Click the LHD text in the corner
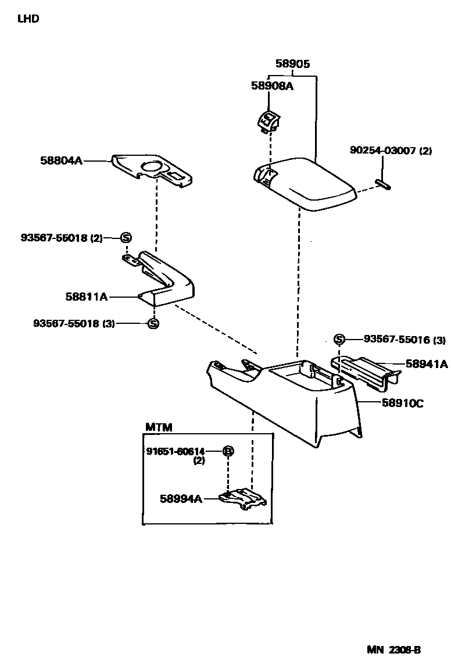28,19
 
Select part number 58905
292,65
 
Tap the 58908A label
272,86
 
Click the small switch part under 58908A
267,122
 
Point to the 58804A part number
62,160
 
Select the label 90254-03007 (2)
391,151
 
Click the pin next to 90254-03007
384,185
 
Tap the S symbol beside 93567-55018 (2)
126,237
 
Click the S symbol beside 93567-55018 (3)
153,323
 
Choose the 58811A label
87,297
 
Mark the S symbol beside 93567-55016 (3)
339,340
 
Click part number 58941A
427,364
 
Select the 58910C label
402,402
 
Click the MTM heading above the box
158,427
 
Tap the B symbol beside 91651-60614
228,451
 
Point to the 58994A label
181,498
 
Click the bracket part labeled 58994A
243,498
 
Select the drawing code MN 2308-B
393,649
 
